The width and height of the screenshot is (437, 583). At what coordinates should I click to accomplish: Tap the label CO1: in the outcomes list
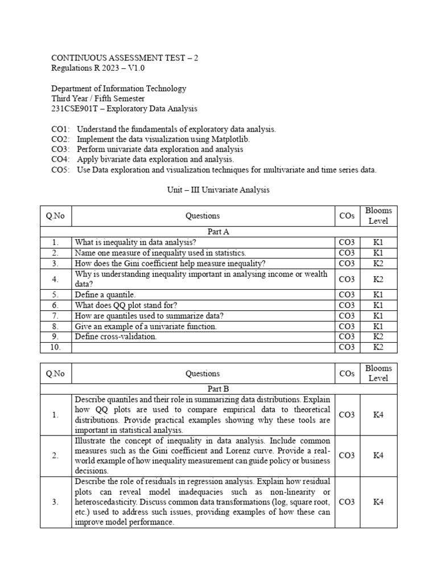coord(60,129)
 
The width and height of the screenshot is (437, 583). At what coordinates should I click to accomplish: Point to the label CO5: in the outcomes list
coord(60,170)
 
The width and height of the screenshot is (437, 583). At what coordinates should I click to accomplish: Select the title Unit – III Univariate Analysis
coord(218,190)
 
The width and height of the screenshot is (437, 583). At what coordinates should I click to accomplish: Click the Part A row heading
coord(218,232)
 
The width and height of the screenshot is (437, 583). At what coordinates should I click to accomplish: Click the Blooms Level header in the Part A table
coord(378,216)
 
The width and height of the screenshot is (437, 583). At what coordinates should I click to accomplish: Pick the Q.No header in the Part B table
coord(55,373)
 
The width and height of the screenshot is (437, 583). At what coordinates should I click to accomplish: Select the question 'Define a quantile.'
coord(105,295)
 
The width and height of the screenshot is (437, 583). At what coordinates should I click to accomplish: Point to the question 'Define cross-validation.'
coord(116,336)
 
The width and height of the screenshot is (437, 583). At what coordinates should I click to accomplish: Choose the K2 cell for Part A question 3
coord(378,263)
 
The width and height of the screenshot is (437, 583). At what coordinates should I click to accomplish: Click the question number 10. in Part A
coord(55,347)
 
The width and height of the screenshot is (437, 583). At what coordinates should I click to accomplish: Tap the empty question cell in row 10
coord(203,347)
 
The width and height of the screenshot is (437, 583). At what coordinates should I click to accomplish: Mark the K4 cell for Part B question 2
coord(378,455)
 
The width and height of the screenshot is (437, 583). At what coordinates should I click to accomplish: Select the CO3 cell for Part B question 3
coord(347,502)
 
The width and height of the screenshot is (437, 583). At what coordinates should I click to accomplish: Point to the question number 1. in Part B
coord(55,414)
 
